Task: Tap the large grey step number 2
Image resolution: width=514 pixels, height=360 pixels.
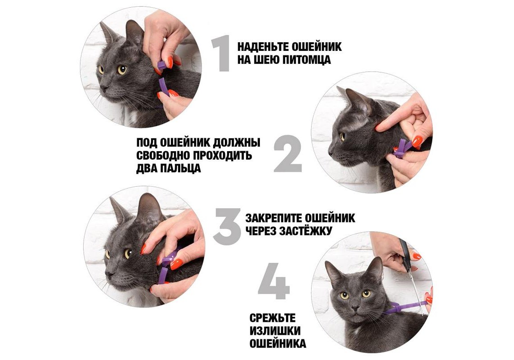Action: [288, 154]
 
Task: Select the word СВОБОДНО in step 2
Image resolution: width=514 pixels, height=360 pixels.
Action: [163, 155]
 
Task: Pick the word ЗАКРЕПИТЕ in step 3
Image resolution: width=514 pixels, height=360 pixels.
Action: [273, 218]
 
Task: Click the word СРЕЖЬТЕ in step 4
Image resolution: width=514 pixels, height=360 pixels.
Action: [273, 318]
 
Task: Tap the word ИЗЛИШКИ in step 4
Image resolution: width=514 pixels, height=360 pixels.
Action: [275, 331]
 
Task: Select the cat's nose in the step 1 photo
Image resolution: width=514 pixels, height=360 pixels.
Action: [103, 88]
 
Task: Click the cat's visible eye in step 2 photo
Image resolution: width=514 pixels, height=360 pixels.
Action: [342, 136]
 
